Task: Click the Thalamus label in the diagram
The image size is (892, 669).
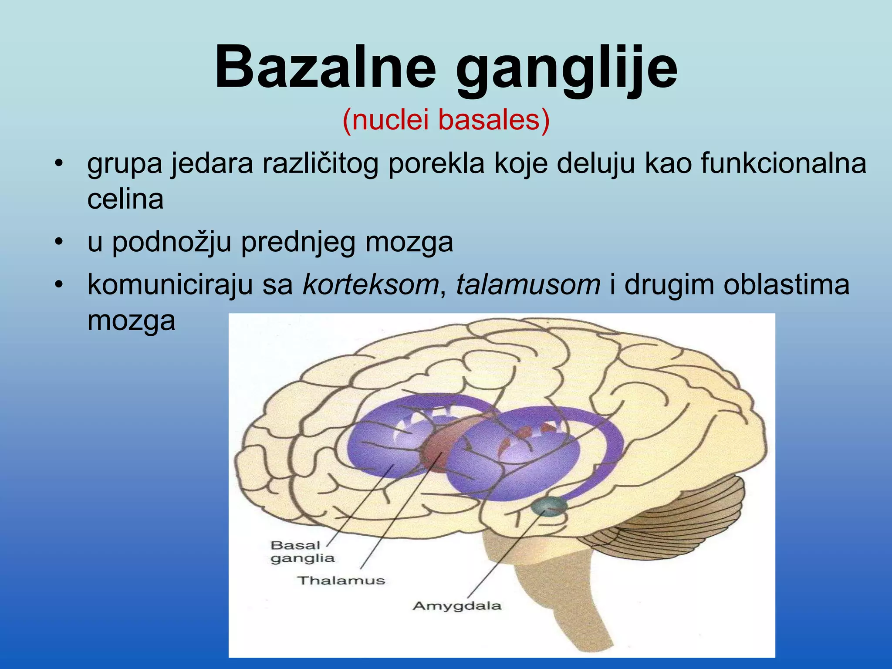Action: coord(341,580)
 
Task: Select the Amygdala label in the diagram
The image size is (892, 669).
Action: coord(457,605)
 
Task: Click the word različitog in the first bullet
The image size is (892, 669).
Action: coord(320,165)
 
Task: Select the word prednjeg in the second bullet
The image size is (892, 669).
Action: coord(298,243)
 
